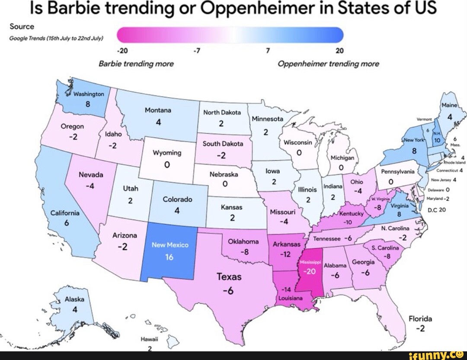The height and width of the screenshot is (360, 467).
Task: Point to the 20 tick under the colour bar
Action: tap(339, 51)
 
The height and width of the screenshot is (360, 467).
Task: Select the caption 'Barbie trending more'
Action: tap(136, 64)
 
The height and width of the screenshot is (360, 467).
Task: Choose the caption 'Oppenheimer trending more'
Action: tap(328, 64)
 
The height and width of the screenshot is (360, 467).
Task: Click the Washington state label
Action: tap(88, 94)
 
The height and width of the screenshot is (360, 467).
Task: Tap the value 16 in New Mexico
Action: tap(169, 257)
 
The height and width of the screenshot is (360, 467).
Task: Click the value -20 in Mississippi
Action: tap(310, 271)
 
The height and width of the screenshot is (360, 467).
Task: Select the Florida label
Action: tap(420, 319)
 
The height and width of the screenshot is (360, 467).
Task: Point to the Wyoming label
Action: tap(167, 153)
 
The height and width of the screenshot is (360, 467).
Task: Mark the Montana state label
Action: tap(158, 110)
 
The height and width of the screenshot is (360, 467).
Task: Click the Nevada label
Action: tap(90, 175)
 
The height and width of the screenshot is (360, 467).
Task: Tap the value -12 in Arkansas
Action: tap(285, 254)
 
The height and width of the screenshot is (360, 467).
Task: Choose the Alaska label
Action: tap(74, 299)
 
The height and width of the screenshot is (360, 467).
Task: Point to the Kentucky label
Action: tap(351, 214)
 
